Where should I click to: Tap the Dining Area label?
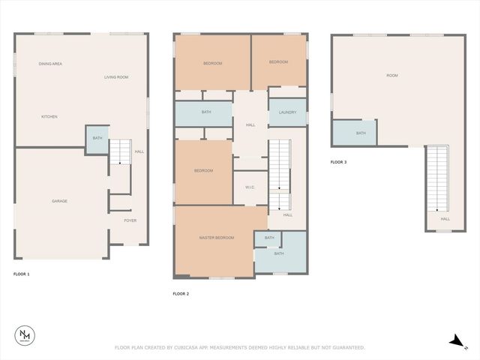[50, 64]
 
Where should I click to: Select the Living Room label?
[116, 77]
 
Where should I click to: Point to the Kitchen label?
[49, 116]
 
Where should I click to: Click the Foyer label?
[130, 220]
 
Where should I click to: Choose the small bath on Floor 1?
[97, 139]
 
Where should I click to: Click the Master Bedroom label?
[216, 238]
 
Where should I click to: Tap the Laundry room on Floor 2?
[287, 112]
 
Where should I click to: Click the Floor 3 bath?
[361, 133]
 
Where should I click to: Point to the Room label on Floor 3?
[391, 76]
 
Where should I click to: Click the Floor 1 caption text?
[22, 274]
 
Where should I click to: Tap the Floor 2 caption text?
[181, 293]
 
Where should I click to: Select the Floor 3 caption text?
[338, 162]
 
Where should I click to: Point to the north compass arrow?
[455, 341]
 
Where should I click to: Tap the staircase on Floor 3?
[437, 177]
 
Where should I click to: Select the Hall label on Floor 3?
[445, 219]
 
